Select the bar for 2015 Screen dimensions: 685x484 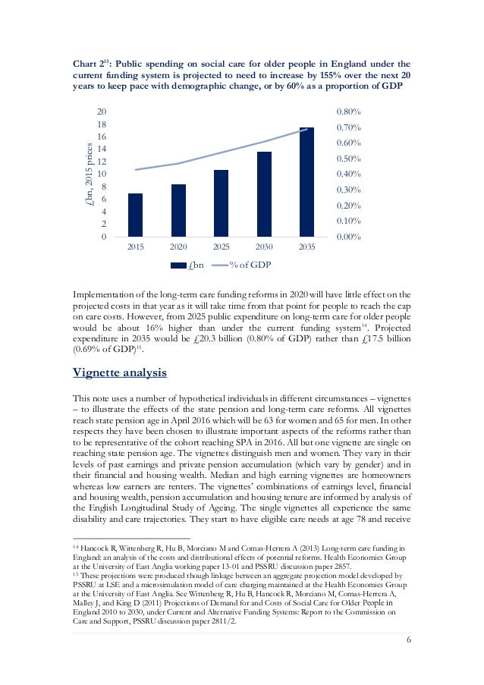[x=135, y=215]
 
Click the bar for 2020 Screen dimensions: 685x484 [x=178, y=211]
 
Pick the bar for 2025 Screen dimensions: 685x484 [x=221, y=203]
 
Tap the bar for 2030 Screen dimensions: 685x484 [x=264, y=194]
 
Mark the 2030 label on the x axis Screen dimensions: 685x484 [x=264, y=247]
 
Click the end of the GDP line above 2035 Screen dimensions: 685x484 [x=306, y=129]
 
